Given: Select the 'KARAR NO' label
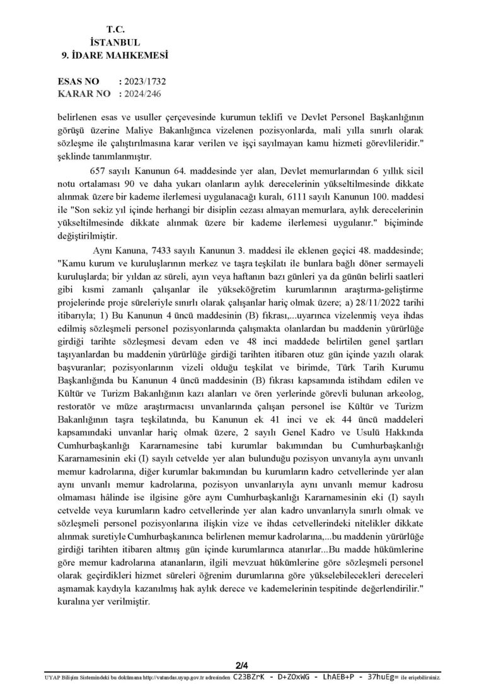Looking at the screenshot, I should pos(82,93).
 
